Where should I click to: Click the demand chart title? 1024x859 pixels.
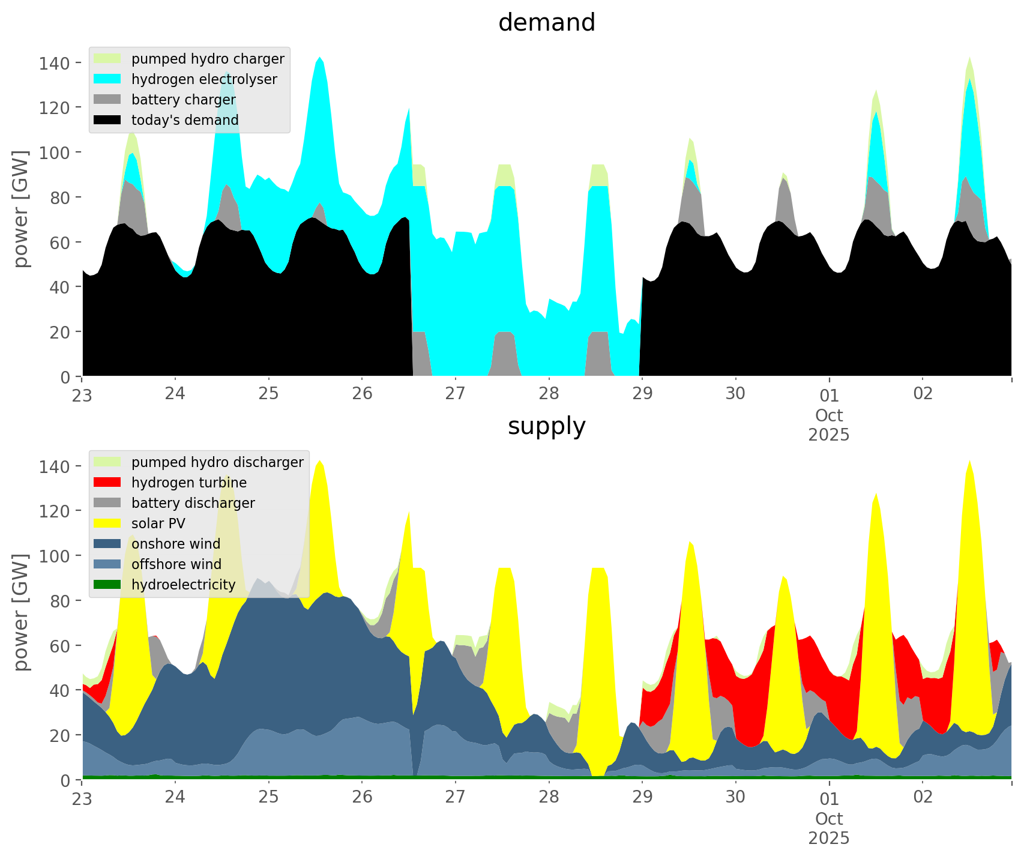coord(546,23)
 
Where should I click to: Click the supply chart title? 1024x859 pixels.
coord(546,426)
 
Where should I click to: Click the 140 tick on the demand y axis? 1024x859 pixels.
coord(55,63)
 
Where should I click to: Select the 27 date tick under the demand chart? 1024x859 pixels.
coord(456,394)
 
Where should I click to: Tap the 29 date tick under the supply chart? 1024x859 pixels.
coord(642,797)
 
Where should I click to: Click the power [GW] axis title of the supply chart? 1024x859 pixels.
coord(22,612)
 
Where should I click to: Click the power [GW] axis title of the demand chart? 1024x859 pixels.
coord(22,209)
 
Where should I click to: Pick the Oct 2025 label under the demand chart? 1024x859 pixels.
coord(829,425)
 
